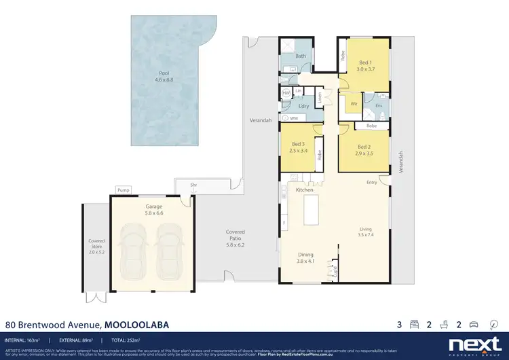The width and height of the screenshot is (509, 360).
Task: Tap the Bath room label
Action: [301, 56]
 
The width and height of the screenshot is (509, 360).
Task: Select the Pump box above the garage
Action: [123, 190]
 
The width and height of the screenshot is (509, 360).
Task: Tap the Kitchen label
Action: [304, 190]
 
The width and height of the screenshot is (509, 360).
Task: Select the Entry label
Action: [372, 182]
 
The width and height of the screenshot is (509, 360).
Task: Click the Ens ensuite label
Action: [379, 106]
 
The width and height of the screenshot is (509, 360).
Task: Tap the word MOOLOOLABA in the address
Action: [136, 325]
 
